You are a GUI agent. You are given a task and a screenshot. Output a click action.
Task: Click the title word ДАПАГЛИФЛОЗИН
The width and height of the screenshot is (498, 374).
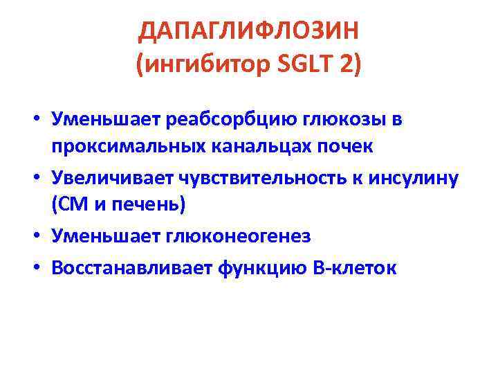click(x=249, y=31)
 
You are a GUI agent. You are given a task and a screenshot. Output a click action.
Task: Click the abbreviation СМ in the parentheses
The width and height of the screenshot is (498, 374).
click(x=68, y=206)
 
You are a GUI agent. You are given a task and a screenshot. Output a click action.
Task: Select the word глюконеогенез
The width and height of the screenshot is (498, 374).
click(x=237, y=236)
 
